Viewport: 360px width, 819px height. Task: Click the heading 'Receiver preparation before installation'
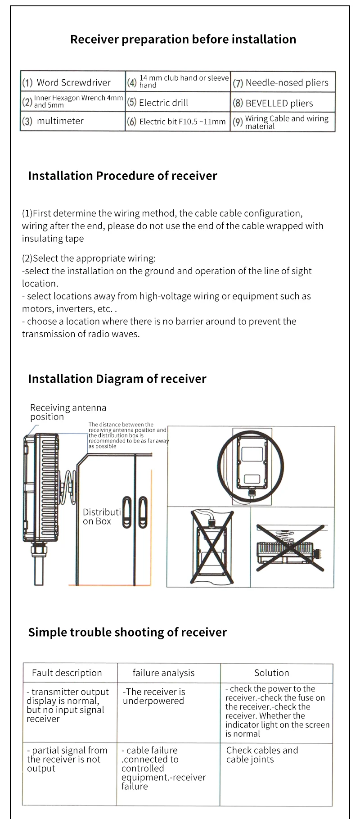pyautogui.click(x=183, y=40)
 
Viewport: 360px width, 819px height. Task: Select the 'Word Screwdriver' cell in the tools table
pyautogui.click(x=73, y=82)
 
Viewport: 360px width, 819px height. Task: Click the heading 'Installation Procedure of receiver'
pyautogui.click(x=122, y=176)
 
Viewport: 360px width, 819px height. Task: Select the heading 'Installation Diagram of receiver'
pyautogui.click(x=117, y=379)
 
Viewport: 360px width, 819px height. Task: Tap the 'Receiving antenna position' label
pyautogui.click(x=68, y=412)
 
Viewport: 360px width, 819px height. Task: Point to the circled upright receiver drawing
pyautogui.click(x=251, y=466)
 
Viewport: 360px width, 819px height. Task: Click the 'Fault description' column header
pyautogui.click(x=67, y=673)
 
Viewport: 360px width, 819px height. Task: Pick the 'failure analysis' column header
pyautogui.click(x=163, y=673)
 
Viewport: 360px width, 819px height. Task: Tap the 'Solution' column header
pyautogui.click(x=271, y=673)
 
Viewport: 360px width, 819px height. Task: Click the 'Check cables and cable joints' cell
pyautogui.click(x=262, y=755)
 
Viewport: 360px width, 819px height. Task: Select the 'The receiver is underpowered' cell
pyautogui.click(x=153, y=696)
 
